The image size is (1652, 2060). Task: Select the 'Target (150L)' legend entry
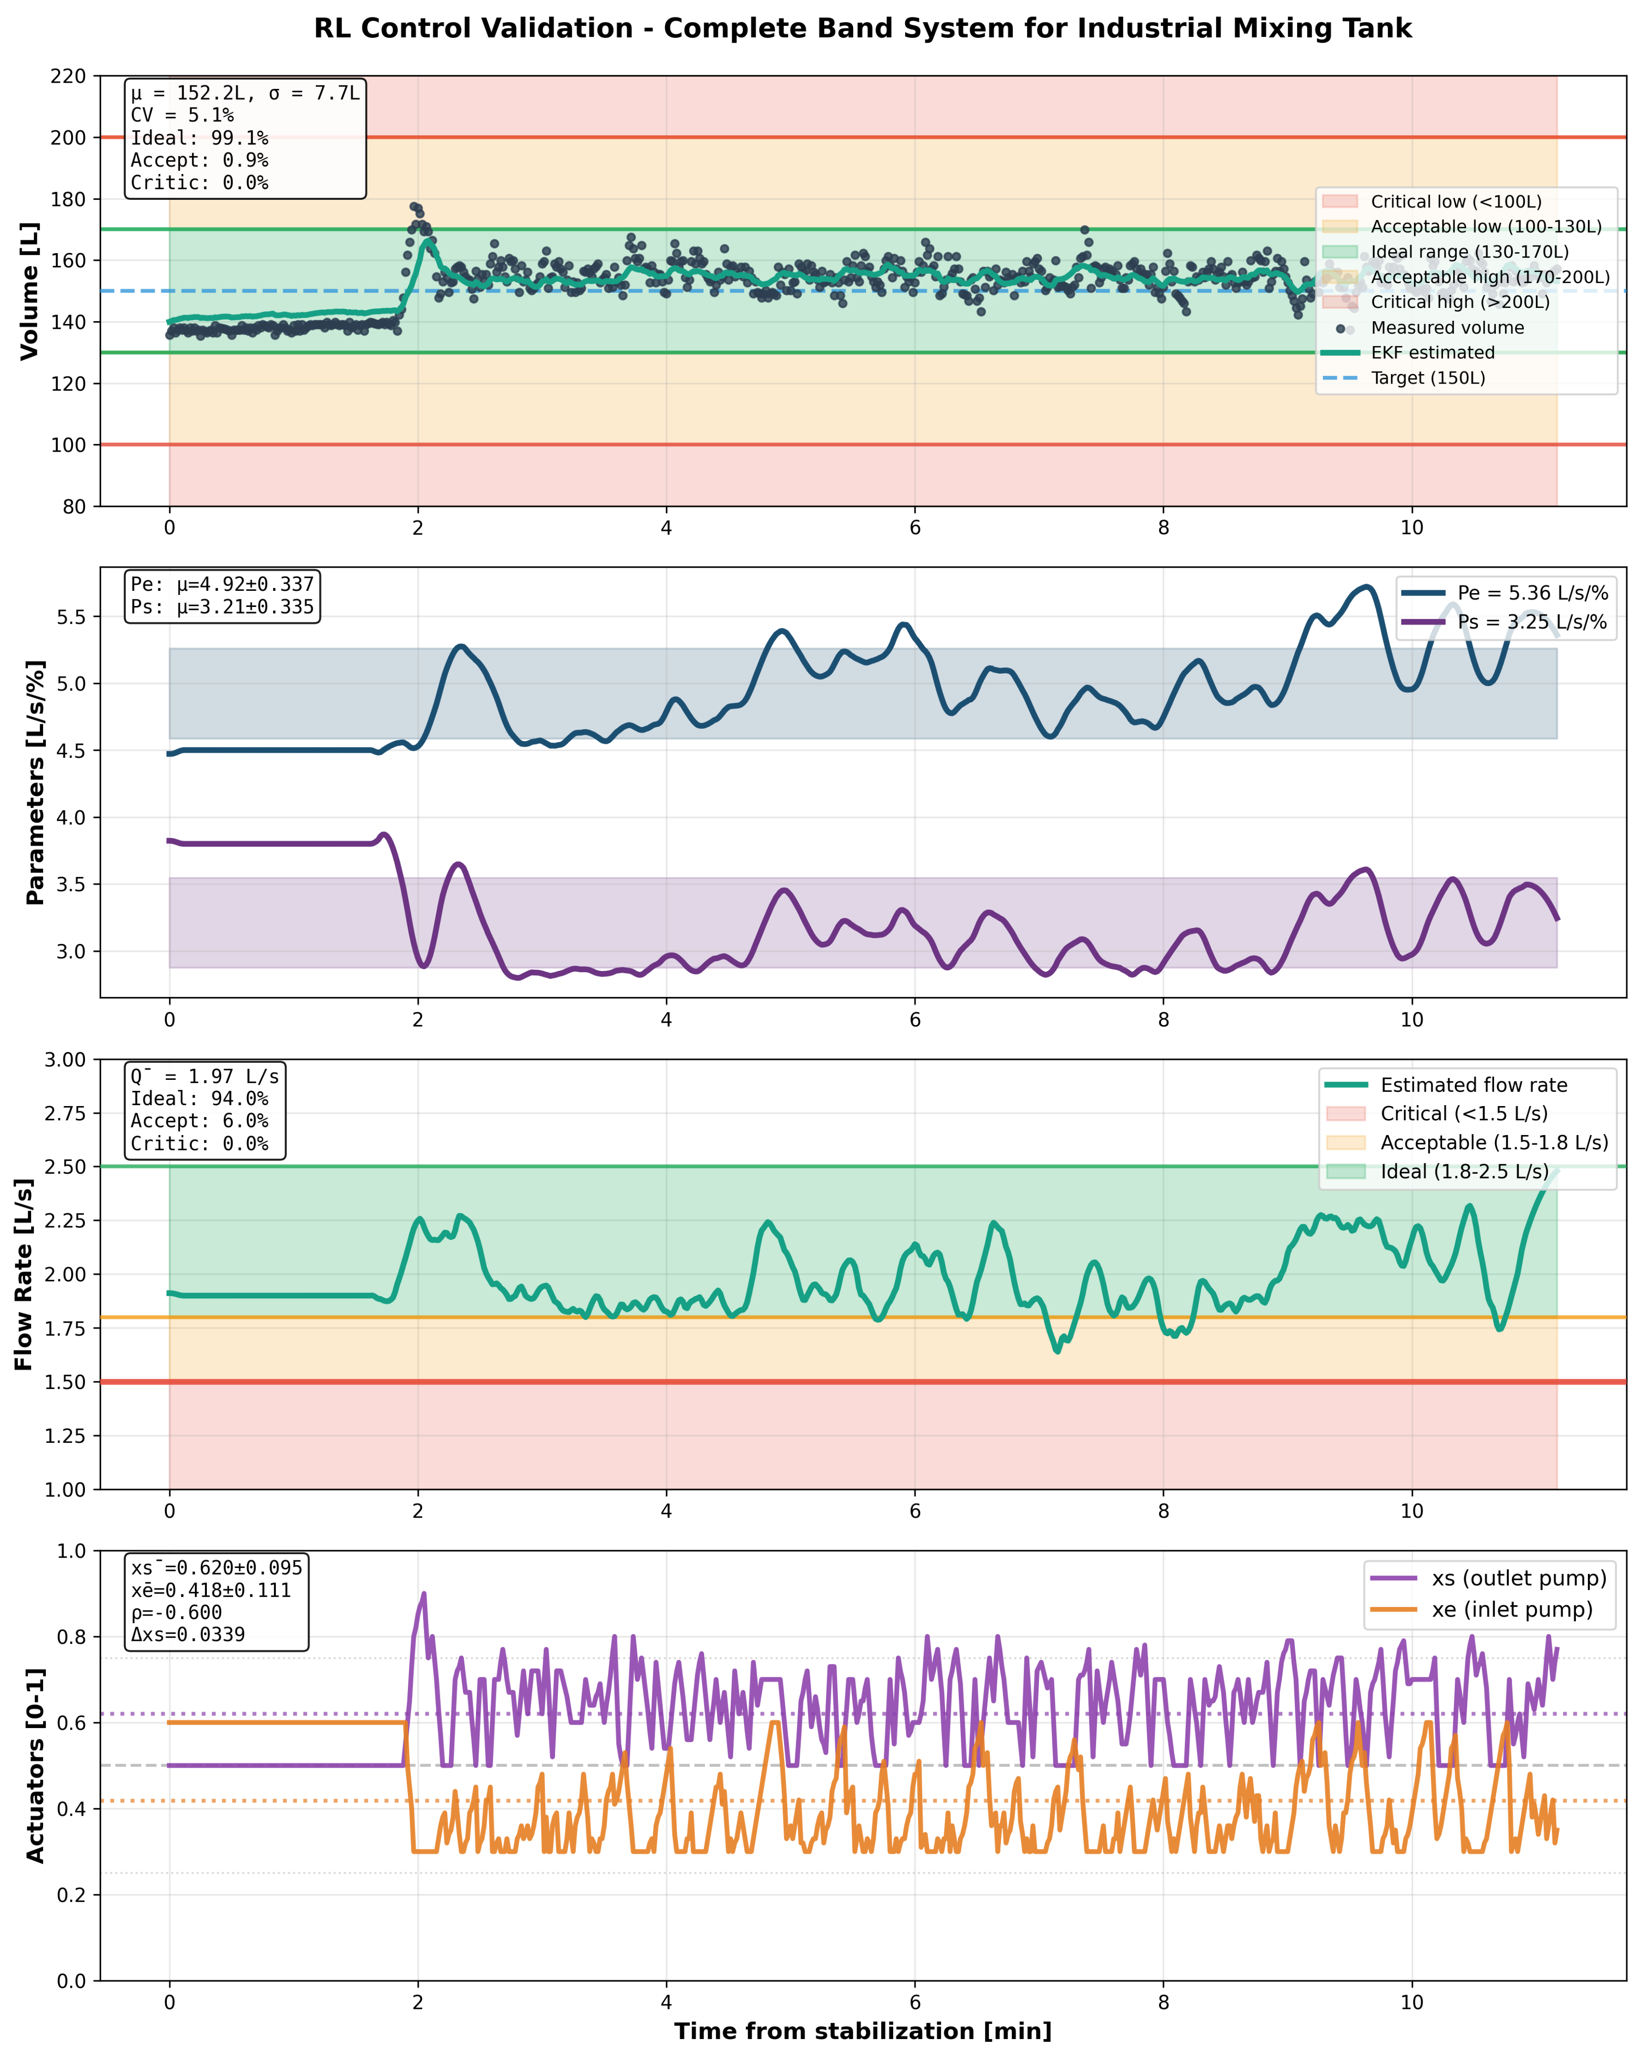click(1427, 378)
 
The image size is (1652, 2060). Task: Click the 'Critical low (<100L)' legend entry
click(1455, 202)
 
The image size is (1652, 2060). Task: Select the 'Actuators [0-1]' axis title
click(35, 1766)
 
